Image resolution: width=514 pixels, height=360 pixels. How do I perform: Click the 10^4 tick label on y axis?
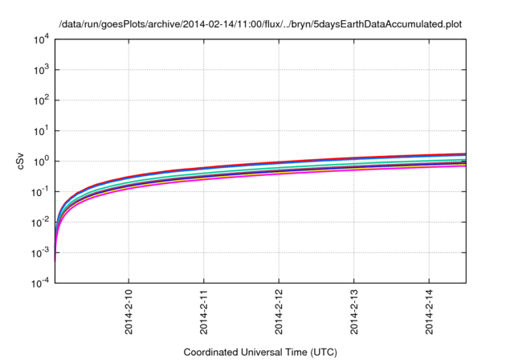tap(40, 39)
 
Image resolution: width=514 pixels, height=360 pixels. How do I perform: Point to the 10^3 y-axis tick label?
tap(40, 69)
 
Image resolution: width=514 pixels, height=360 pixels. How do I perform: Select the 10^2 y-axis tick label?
tap(40, 100)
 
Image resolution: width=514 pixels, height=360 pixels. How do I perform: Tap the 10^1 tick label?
tap(40, 130)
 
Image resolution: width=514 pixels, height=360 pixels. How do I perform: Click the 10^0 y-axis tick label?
tap(40, 161)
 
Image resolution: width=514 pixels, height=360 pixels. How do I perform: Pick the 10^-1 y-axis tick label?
tap(39, 191)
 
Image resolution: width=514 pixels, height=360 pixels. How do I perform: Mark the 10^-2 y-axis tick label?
tap(39, 222)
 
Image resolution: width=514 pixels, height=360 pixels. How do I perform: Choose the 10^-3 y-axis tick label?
tap(39, 252)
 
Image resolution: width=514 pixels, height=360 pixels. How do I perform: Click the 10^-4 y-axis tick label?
tap(39, 283)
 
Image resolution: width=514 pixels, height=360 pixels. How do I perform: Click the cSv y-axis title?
tap(22, 161)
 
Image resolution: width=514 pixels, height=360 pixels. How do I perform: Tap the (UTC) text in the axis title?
tap(320, 352)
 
